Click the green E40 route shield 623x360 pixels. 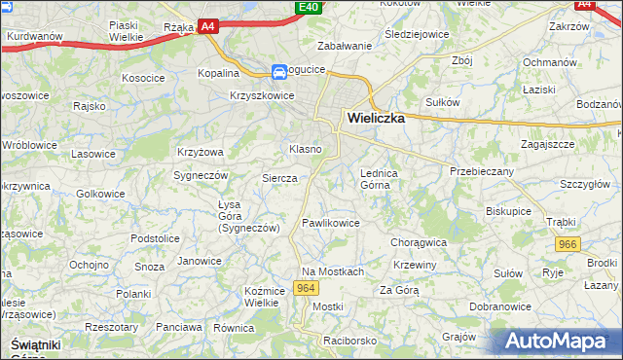point(309,8)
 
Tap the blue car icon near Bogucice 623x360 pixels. point(279,71)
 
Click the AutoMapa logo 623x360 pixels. point(556,342)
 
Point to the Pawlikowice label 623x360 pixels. point(331,223)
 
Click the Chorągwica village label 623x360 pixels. point(418,242)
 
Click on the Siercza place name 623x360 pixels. point(278,178)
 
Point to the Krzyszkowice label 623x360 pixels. point(262,95)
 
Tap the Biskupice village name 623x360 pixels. point(509,209)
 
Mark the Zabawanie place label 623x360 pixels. point(346,46)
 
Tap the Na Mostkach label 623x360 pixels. point(332,271)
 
